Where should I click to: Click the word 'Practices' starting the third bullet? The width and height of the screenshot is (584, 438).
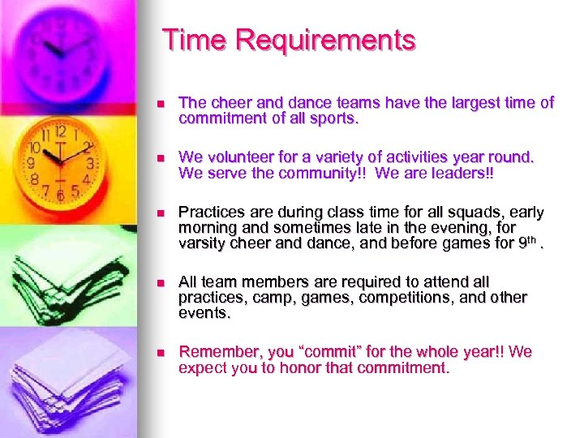click(211, 213)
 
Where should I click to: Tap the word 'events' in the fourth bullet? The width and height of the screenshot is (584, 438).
click(204, 312)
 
